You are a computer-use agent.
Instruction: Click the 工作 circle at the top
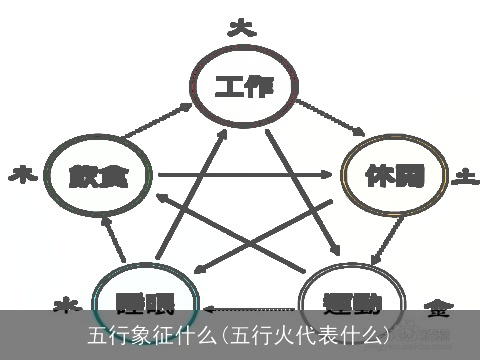(244, 88)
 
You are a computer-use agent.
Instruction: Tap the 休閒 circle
(391, 176)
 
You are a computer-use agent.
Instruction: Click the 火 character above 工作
(239, 27)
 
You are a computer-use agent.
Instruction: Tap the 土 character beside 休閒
(463, 177)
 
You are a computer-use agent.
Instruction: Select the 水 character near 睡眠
(64, 302)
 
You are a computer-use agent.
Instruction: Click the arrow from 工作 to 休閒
(330, 116)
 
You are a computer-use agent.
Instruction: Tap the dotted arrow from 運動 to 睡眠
(250, 308)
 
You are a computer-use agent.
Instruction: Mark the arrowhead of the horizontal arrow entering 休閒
(331, 175)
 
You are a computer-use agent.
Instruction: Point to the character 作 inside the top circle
(262, 88)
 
